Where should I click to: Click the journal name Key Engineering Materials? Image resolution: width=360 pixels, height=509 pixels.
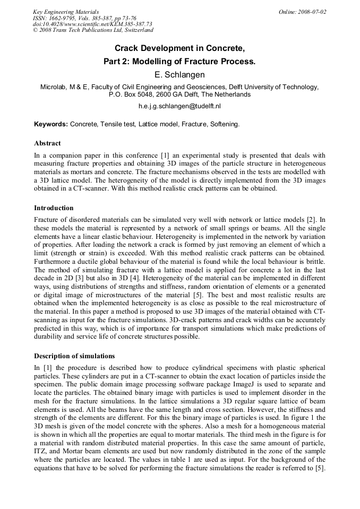point(66,12)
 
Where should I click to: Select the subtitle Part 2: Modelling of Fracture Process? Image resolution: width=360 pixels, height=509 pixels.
point(179,62)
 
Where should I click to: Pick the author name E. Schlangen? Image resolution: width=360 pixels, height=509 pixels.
point(179,75)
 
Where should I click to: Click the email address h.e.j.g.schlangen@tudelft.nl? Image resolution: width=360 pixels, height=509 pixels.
point(179,106)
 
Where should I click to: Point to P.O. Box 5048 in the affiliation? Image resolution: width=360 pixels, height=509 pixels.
point(132,94)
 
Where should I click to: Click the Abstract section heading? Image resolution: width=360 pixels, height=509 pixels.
point(47,143)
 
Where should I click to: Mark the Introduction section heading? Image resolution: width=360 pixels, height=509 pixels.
point(54,208)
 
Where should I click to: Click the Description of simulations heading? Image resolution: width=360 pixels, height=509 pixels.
point(74,356)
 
